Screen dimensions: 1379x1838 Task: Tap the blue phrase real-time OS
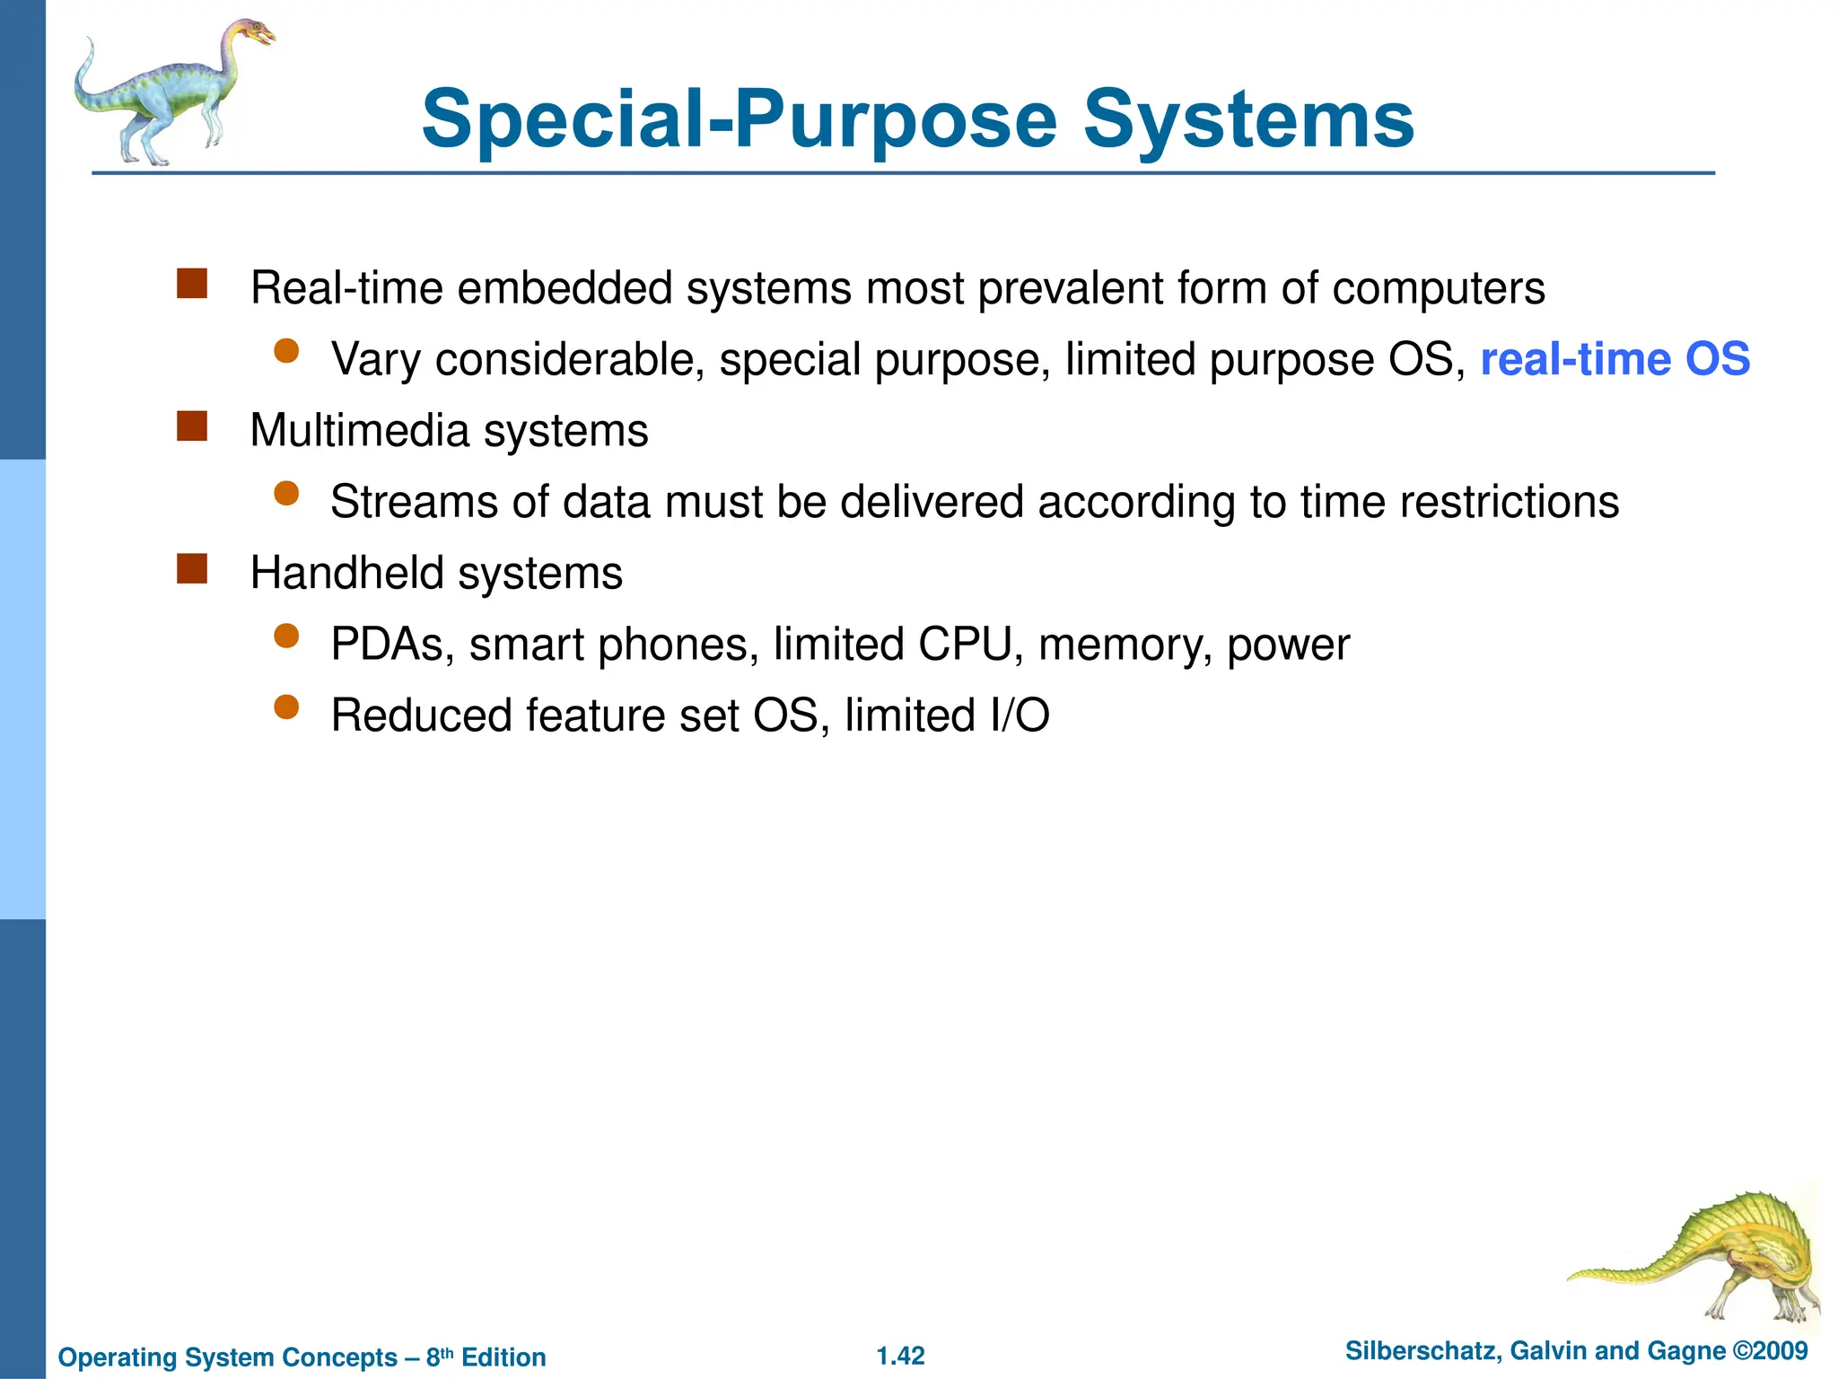click(1615, 359)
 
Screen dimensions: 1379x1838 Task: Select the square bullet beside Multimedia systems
click(192, 426)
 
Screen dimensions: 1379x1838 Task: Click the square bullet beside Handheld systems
click(192, 569)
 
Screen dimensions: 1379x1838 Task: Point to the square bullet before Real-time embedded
click(192, 284)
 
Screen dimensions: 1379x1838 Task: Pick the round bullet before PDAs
click(286, 637)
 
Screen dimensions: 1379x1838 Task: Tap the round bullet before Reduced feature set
click(286, 708)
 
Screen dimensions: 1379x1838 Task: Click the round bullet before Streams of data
click(286, 494)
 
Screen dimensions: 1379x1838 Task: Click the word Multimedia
click(360, 430)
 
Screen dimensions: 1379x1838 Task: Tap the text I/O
click(1020, 716)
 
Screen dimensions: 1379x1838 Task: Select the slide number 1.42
click(900, 1356)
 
